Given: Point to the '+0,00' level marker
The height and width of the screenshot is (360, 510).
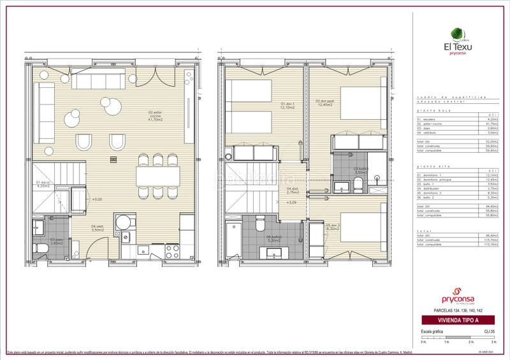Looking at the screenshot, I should (97, 199).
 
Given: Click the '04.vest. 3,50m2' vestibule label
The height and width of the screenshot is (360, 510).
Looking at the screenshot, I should (97, 228).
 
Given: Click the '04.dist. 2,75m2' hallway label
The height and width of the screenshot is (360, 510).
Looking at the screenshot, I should (293, 190).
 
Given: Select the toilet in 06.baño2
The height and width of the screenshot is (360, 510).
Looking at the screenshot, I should (259, 225).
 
